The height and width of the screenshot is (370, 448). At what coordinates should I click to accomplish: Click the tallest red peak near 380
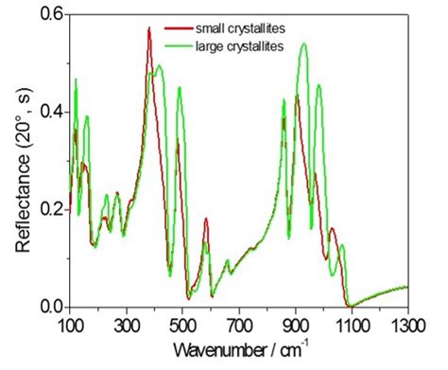click(x=149, y=28)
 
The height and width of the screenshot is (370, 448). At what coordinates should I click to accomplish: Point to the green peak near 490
click(x=180, y=87)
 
